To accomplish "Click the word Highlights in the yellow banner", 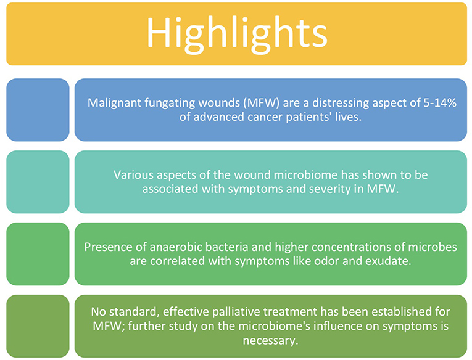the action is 237,35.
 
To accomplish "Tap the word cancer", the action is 265,117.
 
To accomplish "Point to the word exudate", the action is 388,261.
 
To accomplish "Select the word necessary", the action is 270,341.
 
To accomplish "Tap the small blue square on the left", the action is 38,110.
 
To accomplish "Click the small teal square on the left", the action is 38,182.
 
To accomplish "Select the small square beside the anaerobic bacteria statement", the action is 38,254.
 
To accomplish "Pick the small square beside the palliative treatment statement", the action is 38,326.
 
